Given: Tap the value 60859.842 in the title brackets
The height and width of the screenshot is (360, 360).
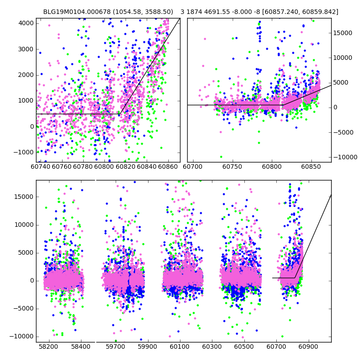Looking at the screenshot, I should pos(319,12).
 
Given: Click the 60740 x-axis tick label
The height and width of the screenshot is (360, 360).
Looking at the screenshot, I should pos(40,167).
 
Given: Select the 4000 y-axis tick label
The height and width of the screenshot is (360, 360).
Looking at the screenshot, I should pos(25,23).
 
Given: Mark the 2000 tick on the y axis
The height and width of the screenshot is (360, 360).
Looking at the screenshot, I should pos(25,75).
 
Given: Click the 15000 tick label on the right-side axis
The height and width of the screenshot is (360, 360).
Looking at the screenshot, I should pos(343,33).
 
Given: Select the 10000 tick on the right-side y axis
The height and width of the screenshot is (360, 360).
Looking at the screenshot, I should pos(343,58).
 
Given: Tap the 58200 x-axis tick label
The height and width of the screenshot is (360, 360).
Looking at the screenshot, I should pos(49,347).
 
